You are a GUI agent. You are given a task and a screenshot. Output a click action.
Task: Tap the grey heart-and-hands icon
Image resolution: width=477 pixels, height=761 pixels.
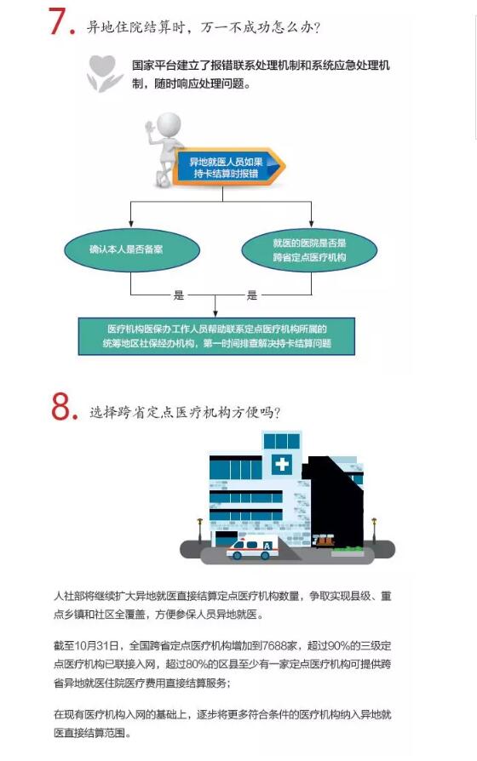click(104, 73)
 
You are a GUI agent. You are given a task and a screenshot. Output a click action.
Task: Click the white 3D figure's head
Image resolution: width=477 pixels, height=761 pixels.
click(169, 126)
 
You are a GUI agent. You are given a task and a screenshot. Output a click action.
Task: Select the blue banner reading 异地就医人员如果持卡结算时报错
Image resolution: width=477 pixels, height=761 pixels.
click(228, 168)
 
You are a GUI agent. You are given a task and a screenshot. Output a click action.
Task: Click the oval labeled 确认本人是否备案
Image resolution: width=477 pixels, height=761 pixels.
click(132, 250)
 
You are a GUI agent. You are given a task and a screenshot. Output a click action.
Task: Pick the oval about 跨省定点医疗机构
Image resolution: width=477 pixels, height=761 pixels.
click(309, 250)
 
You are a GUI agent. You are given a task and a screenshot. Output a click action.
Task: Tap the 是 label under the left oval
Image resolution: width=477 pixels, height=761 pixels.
click(178, 295)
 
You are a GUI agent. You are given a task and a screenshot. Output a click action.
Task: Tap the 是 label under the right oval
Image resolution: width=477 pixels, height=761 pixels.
click(251, 295)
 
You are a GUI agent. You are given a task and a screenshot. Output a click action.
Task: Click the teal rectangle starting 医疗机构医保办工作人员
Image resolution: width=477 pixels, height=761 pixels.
click(216, 336)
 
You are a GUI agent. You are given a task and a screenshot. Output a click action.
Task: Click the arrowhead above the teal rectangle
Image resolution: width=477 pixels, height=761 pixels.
click(216, 313)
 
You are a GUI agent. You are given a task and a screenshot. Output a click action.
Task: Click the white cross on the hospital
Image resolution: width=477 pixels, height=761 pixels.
click(282, 464)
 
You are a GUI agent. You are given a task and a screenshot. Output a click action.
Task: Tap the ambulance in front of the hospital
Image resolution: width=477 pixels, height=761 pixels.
click(252, 546)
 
